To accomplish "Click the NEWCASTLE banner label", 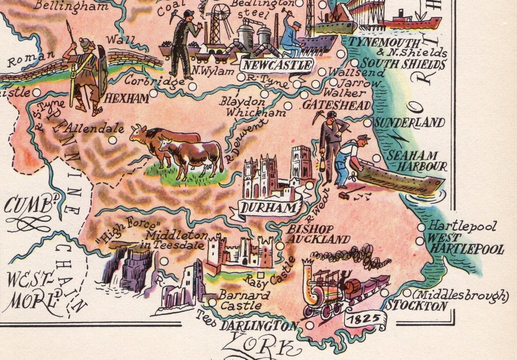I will click(x=276, y=65).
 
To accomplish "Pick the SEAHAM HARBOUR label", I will click(x=419, y=161).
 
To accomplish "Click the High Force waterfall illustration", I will click(x=127, y=265).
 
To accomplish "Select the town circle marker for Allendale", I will click(x=112, y=140).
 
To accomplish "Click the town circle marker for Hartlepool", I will click(x=421, y=227).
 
